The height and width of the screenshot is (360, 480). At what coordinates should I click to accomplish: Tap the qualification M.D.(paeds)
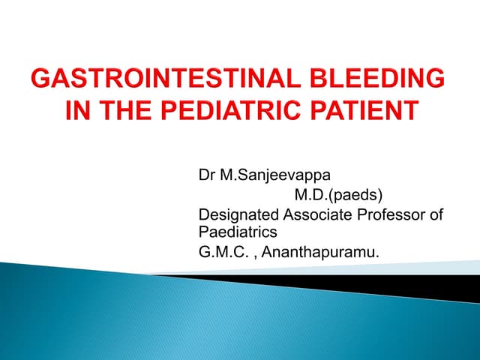pyautogui.click(x=338, y=199)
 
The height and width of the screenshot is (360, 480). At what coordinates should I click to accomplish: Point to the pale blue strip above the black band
pyautogui.click(x=420, y=267)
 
